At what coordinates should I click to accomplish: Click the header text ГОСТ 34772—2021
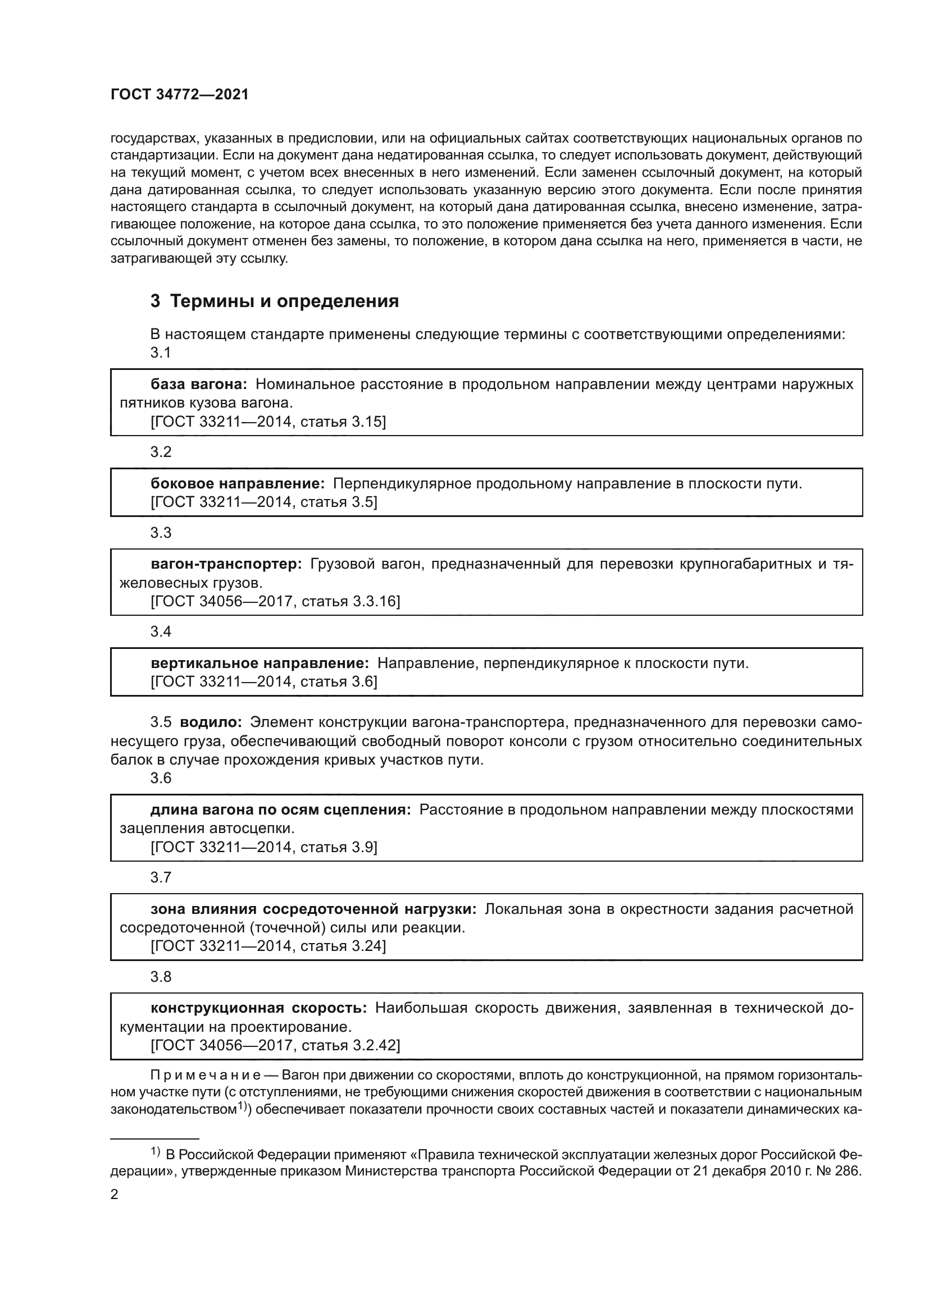(180, 95)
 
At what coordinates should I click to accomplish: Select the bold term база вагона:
(198, 384)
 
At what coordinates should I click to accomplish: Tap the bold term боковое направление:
(238, 483)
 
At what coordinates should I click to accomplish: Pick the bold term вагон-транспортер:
(226, 564)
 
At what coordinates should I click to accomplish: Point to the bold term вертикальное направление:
(259, 664)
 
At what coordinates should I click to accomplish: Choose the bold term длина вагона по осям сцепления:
(280, 810)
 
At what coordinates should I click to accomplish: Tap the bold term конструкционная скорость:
(258, 1008)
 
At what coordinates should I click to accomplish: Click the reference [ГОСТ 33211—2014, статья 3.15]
(268, 422)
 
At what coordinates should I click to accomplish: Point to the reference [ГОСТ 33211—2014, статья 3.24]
(268, 946)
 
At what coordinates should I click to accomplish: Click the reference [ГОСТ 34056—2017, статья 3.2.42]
(275, 1046)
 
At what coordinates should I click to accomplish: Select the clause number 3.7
(161, 877)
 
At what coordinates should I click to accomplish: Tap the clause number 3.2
(161, 452)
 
